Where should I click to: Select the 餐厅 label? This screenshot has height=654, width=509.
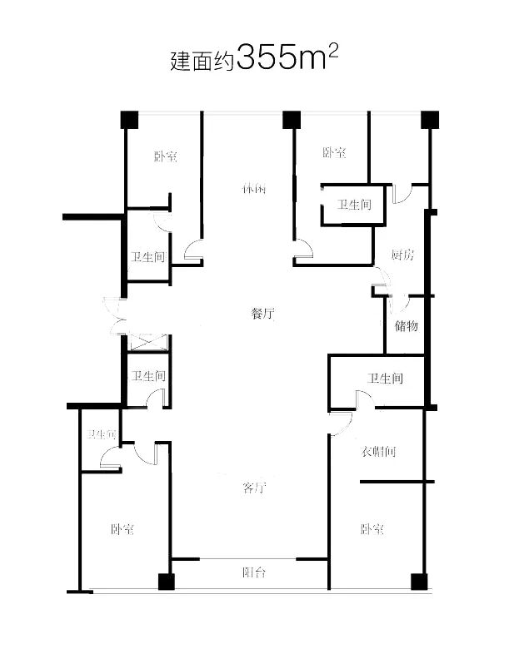click(x=262, y=314)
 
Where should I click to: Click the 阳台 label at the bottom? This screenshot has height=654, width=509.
click(x=254, y=572)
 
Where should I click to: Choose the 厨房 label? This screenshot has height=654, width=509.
click(x=402, y=255)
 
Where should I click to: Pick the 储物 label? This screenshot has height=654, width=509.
click(x=407, y=325)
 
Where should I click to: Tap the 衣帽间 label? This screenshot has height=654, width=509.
click(x=378, y=453)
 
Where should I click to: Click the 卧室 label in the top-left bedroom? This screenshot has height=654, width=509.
click(x=165, y=156)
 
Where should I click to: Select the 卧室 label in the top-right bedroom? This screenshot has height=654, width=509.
click(x=334, y=153)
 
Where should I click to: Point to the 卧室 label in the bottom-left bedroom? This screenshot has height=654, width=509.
click(x=122, y=529)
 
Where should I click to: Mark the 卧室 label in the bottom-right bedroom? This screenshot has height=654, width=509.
click(x=372, y=529)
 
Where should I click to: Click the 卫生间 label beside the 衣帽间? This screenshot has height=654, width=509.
click(x=385, y=379)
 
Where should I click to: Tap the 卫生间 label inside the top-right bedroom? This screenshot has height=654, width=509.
click(x=354, y=205)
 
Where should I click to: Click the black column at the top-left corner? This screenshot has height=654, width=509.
click(x=127, y=120)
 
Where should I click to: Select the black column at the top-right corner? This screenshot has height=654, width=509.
click(x=429, y=120)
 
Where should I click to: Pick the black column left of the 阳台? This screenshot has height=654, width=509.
click(x=166, y=582)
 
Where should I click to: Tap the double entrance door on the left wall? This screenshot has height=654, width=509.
click(x=115, y=315)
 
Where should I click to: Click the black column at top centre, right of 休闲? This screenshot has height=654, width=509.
click(x=291, y=120)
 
